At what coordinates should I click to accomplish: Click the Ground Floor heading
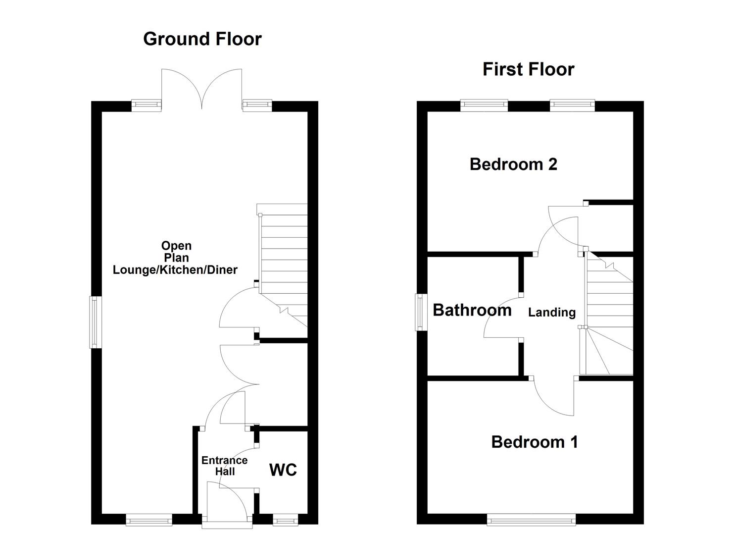coord(202,39)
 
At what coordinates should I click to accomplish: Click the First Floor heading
coord(528,69)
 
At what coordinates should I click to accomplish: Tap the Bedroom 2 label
coord(513,164)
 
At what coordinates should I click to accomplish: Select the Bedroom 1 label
coord(534,442)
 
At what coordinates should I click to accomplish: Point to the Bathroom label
coord(472,310)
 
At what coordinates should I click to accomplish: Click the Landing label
coord(551,313)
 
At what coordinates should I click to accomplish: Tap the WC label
coord(283,470)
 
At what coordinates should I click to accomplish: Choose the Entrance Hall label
coord(224,466)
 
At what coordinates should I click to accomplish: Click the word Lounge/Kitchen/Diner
coord(175,270)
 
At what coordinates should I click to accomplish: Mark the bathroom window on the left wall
coord(421,312)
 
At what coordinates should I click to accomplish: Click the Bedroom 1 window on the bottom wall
coord(531,519)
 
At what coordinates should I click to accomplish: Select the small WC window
coord(284,520)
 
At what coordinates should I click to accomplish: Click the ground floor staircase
coord(284,263)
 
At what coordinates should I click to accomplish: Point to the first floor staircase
coord(609,312)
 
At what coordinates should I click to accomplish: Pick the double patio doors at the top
coord(202,89)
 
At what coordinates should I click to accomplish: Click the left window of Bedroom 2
coord(484,105)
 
